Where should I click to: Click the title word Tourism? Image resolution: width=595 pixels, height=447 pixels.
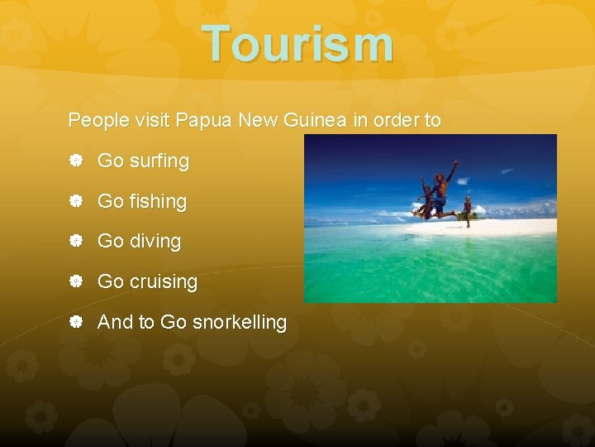[x=297, y=43]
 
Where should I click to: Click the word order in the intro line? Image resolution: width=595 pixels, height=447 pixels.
[x=397, y=120]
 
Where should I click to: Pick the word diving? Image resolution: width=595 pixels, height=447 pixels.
[x=155, y=242]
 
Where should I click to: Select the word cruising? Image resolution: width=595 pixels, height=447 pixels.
[x=163, y=281]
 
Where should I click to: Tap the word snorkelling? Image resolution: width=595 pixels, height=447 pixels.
[x=239, y=322]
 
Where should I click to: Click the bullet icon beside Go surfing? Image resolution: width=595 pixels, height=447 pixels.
[x=74, y=161]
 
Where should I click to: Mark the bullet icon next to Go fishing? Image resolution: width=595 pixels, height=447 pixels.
[x=74, y=201]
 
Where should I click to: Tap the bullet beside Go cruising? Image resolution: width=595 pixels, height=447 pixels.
[x=74, y=281]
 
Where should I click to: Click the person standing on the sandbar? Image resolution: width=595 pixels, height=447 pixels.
[x=468, y=211]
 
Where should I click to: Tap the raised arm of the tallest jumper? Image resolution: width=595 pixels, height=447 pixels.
[x=452, y=169]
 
